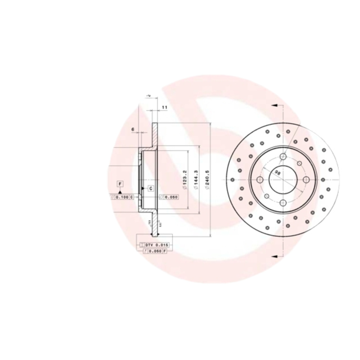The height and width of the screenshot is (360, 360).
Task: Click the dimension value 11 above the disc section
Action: (x=164, y=107)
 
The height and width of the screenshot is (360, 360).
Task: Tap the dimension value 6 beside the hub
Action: (x=133, y=130)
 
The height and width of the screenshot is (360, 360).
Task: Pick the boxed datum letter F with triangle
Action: (x=120, y=184)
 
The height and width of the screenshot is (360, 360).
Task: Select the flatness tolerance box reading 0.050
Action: (x=170, y=197)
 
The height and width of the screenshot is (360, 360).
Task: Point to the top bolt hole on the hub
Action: (x=283, y=156)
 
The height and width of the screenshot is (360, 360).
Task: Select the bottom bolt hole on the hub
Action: (x=283, y=203)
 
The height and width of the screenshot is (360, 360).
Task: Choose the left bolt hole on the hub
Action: (x=259, y=180)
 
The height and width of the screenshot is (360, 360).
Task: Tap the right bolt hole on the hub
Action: (x=306, y=180)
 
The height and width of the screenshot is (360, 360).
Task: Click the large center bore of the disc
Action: (x=283, y=180)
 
